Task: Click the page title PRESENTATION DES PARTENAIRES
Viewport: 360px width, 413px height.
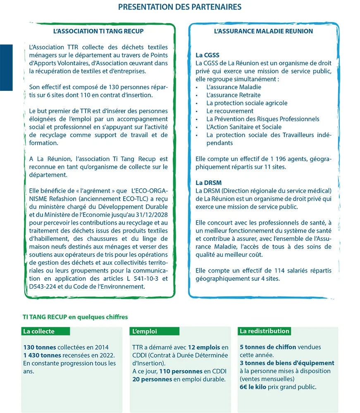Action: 180,7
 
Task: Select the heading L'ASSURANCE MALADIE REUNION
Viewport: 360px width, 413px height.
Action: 263,31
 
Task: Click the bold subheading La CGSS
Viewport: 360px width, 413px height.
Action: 207,55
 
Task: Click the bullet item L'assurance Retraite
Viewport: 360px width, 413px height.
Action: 233,95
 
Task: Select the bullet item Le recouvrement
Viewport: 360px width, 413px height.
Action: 230,111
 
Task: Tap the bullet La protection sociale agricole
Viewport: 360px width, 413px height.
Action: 247,103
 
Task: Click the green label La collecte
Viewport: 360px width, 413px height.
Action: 39,331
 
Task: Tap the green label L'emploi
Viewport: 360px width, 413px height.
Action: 145,331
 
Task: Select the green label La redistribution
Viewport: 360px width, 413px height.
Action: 265,331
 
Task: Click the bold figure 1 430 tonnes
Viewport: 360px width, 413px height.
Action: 42,356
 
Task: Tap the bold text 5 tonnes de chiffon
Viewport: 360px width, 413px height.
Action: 268,347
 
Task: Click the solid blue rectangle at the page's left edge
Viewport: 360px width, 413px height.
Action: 6,67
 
